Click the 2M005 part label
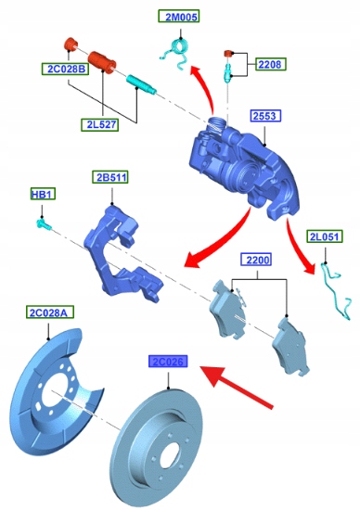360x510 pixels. click(x=179, y=17)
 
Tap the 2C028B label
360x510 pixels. click(x=65, y=69)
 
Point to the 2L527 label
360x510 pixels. click(x=99, y=124)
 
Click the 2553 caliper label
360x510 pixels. click(x=265, y=116)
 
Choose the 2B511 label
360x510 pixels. click(x=110, y=177)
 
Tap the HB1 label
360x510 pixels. click(x=43, y=194)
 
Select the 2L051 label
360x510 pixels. click(x=325, y=236)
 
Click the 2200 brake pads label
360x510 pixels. click(x=256, y=260)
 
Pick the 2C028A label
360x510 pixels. click(x=50, y=312)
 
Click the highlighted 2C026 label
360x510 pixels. click(x=168, y=361)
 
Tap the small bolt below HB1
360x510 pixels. click(x=44, y=224)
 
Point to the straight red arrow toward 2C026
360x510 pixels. click(x=237, y=387)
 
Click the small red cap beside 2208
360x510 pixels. click(x=228, y=53)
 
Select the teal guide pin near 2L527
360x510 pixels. click(x=141, y=83)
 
